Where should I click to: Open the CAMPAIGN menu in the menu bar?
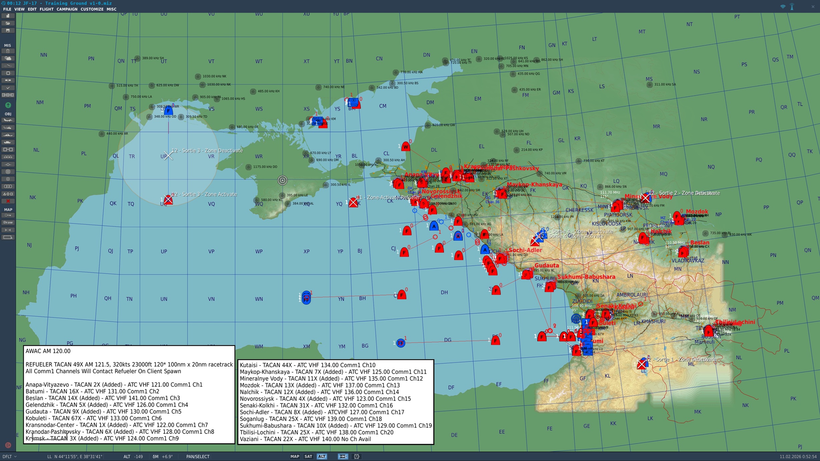pyautogui.click(x=67, y=9)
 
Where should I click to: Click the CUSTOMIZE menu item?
pyautogui.click(x=92, y=9)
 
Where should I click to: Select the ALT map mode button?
pyautogui.click(x=322, y=456)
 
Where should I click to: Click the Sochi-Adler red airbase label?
pyautogui.click(x=525, y=250)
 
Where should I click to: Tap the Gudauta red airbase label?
pyautogui.click(x=547, y=266)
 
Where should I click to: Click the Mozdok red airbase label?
pyautogui.click(x=697, y=212)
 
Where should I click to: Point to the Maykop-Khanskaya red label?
pyautogui.click(x=534, y=184)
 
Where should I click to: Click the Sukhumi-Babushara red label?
pyautogui.click(x=586, y=277)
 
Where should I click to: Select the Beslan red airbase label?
pyautogui.click(x=700, y=243)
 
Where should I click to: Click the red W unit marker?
pyautogui.click(x=405, y=147)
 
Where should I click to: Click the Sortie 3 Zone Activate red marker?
pyautogui.click(x=168, y=200)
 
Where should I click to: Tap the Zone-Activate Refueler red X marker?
pyautogui.click(x=353, y=202)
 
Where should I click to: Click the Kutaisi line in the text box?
pyautogui.click(x=307, y=365)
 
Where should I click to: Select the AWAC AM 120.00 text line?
pyautogui.click(x=48, y=351)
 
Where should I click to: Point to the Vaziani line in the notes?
pyautogui.click(x=305, y=439)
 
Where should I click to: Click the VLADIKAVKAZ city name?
pyautogui.click(x=688, y=261)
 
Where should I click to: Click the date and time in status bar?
pyautogui.click(x=798, y=456)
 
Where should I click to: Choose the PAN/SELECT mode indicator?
pyautogui.click(x=198, y=456)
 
